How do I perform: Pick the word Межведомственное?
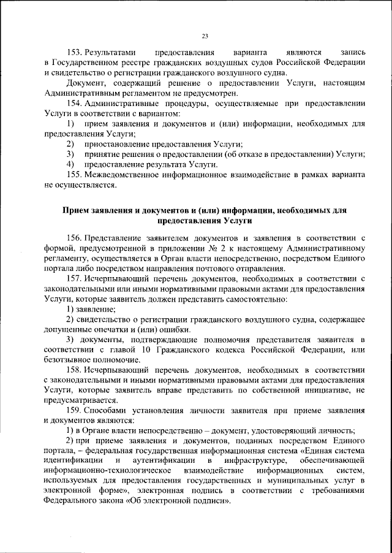122,175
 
